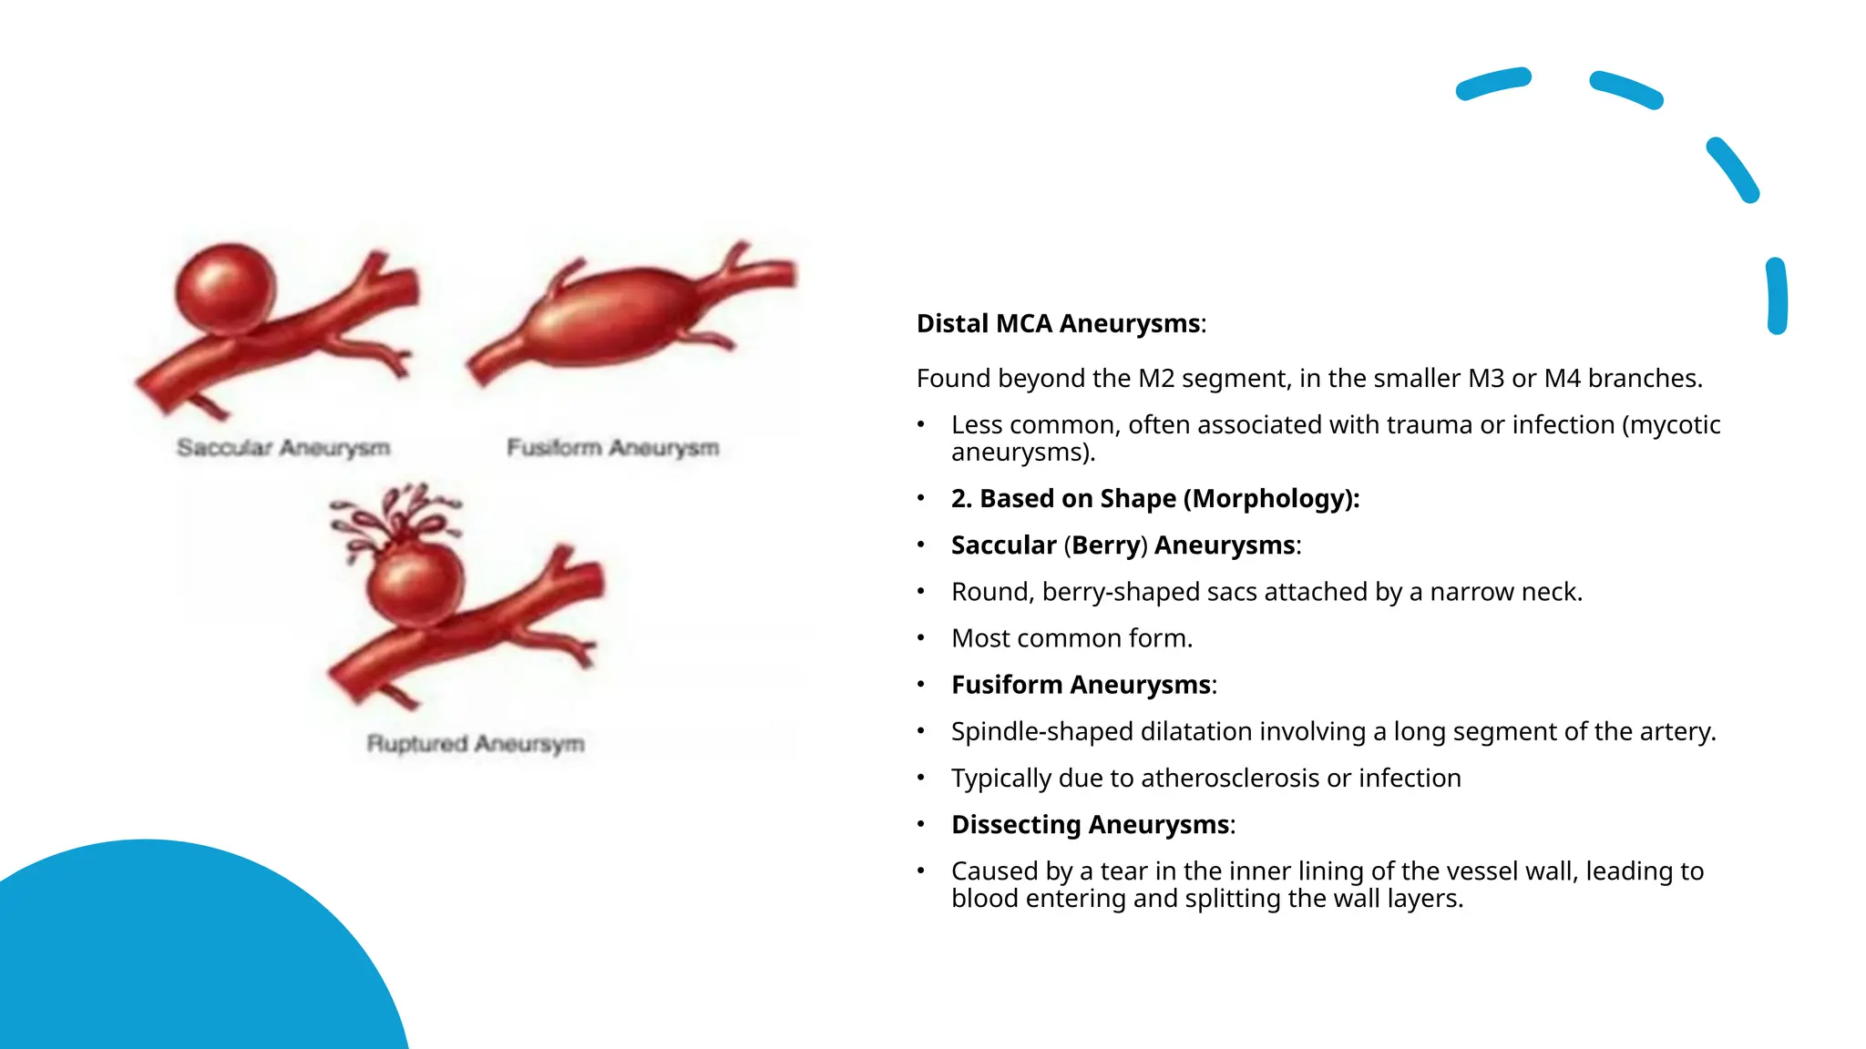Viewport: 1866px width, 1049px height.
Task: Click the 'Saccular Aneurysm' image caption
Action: click(283, 447)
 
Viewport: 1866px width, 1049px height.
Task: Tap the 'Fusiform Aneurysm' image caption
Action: click(612, 447)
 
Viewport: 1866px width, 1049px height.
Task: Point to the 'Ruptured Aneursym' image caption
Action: click(475, 743)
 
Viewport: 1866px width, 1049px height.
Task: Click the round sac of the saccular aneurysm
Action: click(224, 287)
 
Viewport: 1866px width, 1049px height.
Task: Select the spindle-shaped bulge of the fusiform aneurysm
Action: click(606, 316)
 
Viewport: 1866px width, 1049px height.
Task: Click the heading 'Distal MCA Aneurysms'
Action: click(1058, 323)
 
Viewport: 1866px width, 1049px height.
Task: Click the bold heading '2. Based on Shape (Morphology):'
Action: click(1155, 498)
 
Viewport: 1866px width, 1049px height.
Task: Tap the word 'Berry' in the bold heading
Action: click(1106, 545)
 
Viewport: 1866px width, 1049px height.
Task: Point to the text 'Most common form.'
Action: click(1071, 637)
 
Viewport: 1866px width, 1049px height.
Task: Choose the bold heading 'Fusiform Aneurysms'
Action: click(1081, 684)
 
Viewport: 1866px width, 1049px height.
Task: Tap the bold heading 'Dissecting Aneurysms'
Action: click(1090, 824)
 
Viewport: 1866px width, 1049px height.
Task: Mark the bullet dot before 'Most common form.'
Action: click(921, 638)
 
